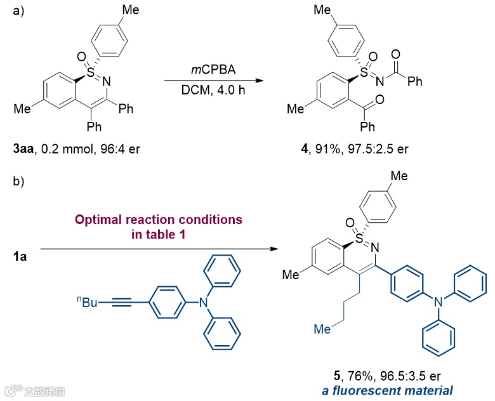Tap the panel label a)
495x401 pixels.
tap(19, 11)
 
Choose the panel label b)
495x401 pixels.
tap(19, 182)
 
